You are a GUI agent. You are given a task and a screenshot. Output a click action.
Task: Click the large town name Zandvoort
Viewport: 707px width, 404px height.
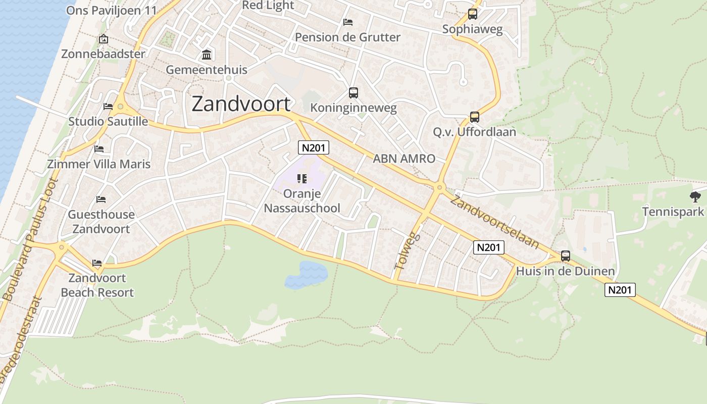click(241, 104)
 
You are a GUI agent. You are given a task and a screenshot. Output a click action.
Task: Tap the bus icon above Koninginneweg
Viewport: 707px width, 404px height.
click(353, 93)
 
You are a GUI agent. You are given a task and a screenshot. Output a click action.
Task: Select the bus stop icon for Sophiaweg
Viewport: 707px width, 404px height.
click(473, 14)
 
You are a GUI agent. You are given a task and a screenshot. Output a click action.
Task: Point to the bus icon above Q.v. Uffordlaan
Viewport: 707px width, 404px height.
click(475, 117)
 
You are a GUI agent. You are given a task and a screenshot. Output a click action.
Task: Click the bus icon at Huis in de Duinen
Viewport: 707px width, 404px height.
click(566, 256)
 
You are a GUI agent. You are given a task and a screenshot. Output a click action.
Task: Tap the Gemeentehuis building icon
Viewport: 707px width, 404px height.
click(207, 55)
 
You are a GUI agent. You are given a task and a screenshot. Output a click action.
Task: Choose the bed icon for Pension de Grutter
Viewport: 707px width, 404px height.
click(348, 22)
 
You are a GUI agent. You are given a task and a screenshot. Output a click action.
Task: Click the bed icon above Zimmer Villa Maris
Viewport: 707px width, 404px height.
click(99, 149)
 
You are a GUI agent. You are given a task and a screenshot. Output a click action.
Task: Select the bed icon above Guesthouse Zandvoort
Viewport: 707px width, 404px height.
click(101, 199)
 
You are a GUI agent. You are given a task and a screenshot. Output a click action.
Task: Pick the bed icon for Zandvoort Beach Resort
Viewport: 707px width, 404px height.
click(97, 263)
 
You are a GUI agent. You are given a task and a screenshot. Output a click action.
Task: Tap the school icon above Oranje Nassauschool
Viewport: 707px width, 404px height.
click(302, 178)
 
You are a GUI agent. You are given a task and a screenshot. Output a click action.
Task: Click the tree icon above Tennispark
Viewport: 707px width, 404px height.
click(695, 196)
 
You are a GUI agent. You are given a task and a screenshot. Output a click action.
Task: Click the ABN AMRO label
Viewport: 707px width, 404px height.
click(404, 159)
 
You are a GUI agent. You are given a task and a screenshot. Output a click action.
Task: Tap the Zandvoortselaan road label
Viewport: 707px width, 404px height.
click(494, 222)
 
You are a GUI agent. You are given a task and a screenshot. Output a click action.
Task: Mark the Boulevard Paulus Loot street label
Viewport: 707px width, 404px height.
click(31, 240)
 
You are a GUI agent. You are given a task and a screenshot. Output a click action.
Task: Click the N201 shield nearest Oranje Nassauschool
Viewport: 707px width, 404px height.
click(314, 147)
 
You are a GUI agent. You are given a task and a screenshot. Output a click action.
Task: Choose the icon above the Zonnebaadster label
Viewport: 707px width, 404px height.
click(104, 39)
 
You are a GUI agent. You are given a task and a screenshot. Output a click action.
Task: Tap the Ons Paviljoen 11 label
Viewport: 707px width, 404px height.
click(112, 10)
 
